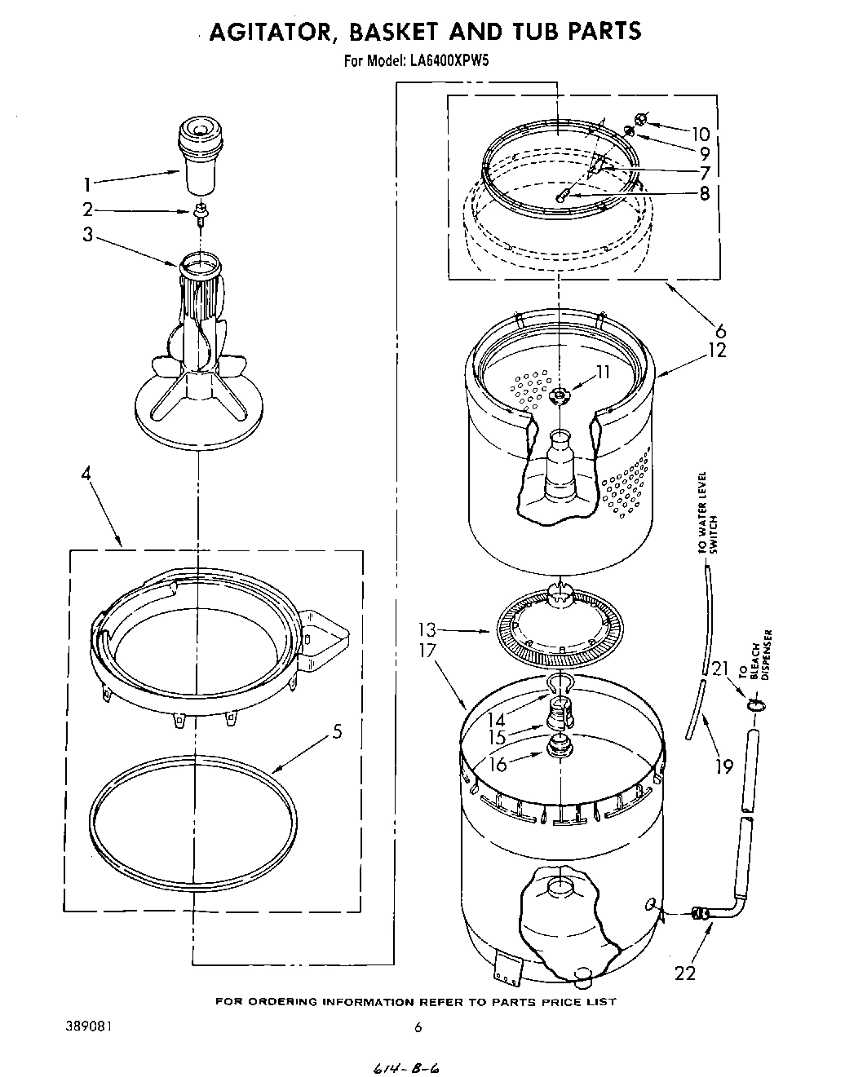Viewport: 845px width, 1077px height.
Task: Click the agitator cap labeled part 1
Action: pos(200,154)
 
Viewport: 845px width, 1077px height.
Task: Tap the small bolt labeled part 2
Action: pos(199,213)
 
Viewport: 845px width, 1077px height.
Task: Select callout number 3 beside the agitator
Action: pos(88,236)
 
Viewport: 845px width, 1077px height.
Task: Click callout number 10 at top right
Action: pos(701,135)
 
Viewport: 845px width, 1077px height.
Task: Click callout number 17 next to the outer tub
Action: pos(427,651)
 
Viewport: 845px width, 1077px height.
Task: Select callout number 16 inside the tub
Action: pos(498,764)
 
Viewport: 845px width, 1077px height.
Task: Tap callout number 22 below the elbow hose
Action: pos(686,973)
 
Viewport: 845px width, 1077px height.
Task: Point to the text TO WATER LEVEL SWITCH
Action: pos(706,514)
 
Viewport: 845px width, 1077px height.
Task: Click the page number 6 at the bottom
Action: pos(418,1029)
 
